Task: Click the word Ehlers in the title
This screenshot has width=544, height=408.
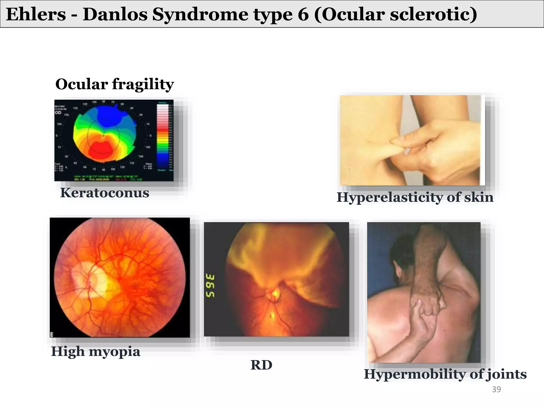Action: click(36, 14)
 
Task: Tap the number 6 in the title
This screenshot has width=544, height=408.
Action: click(303, 14)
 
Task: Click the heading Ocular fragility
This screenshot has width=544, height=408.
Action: click(114, 84)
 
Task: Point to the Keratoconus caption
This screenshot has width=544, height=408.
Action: click(104, 193)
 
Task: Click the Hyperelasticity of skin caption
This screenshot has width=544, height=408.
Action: click(415, 197)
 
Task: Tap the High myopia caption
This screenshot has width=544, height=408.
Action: click(95, 351)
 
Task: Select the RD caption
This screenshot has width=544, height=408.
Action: click(261, 365)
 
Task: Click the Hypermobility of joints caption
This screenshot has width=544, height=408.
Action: click(445, 374)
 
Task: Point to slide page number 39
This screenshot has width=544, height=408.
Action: click(496, 389)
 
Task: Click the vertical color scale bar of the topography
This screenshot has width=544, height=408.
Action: click(163, 137)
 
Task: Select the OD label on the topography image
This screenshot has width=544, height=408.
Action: click(58, 113)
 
